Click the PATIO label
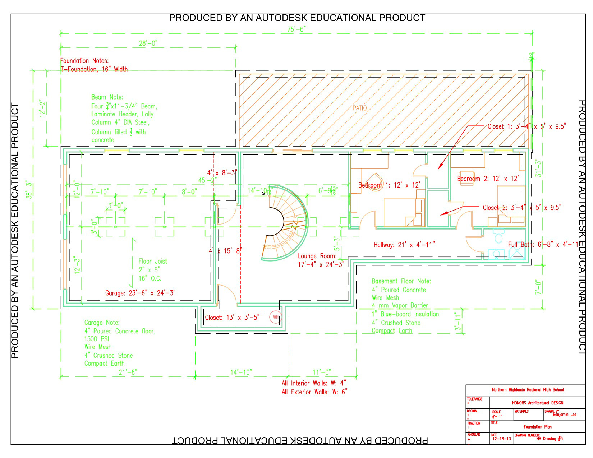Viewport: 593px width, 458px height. pos(359,108)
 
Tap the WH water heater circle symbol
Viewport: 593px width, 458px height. pos(276,317)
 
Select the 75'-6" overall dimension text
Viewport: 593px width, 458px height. pos(296,29)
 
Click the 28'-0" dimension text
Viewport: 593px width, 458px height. pos(148,43)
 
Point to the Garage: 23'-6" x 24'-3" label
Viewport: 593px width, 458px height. pos(140,293)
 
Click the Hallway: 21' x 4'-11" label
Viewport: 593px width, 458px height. pos(404,245)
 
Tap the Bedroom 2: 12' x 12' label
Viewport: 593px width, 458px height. pos(488,179)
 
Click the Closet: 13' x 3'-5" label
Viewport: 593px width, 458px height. pos(232,318)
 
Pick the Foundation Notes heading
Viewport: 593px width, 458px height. pos(84,61)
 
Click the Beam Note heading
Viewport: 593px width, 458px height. pos(107,97)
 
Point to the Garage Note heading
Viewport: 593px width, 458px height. pos(102,323)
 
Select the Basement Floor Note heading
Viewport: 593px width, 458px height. pos(401,281)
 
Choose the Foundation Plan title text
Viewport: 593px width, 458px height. pos(537,427)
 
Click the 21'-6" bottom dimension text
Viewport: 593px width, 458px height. pos(128,372)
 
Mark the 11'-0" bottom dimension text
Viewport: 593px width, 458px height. pos(322,372)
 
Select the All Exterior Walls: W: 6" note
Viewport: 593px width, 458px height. pos(314,392)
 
